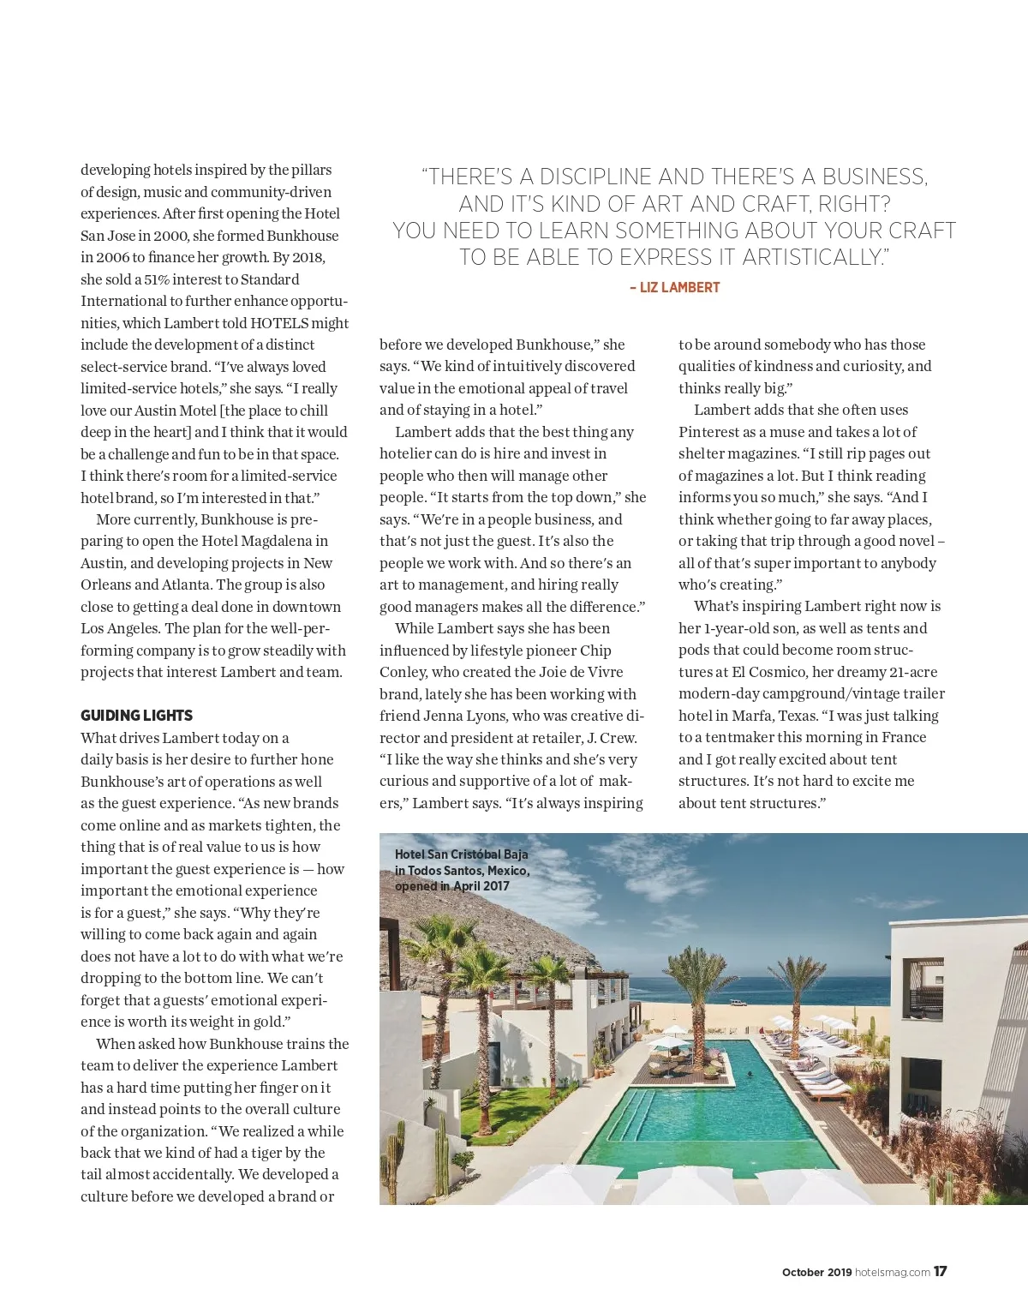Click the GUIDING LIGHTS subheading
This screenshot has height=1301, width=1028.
136,716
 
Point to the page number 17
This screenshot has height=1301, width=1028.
941,1272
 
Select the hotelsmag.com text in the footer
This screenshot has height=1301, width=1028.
893,1273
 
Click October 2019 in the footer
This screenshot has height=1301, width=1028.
816,1273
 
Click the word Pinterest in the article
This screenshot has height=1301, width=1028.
710,432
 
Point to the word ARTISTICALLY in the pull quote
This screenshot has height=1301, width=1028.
816,258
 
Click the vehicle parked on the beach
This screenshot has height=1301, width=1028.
738,1002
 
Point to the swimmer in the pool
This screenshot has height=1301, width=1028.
750,1074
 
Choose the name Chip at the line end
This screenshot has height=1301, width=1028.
595,650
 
